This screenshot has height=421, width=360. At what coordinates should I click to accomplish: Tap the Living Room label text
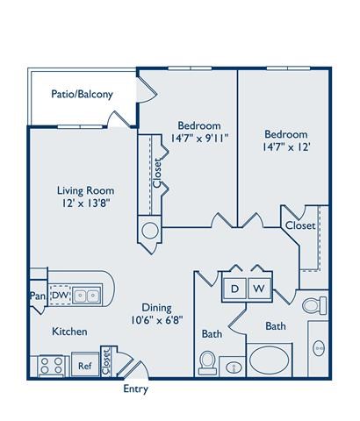point(86,189)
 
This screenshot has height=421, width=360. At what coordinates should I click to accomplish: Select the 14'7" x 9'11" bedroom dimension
point(198,139)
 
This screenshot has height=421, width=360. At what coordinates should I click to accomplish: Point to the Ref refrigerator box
point(85,366)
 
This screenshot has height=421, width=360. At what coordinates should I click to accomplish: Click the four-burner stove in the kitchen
point(51,365)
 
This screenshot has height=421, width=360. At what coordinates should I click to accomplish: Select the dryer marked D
point(235,288)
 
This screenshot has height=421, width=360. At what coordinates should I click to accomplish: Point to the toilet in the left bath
point(208,361)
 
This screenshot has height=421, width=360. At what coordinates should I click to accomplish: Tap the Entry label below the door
point(135,389)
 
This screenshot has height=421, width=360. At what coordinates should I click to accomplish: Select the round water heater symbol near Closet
point(149,231)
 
